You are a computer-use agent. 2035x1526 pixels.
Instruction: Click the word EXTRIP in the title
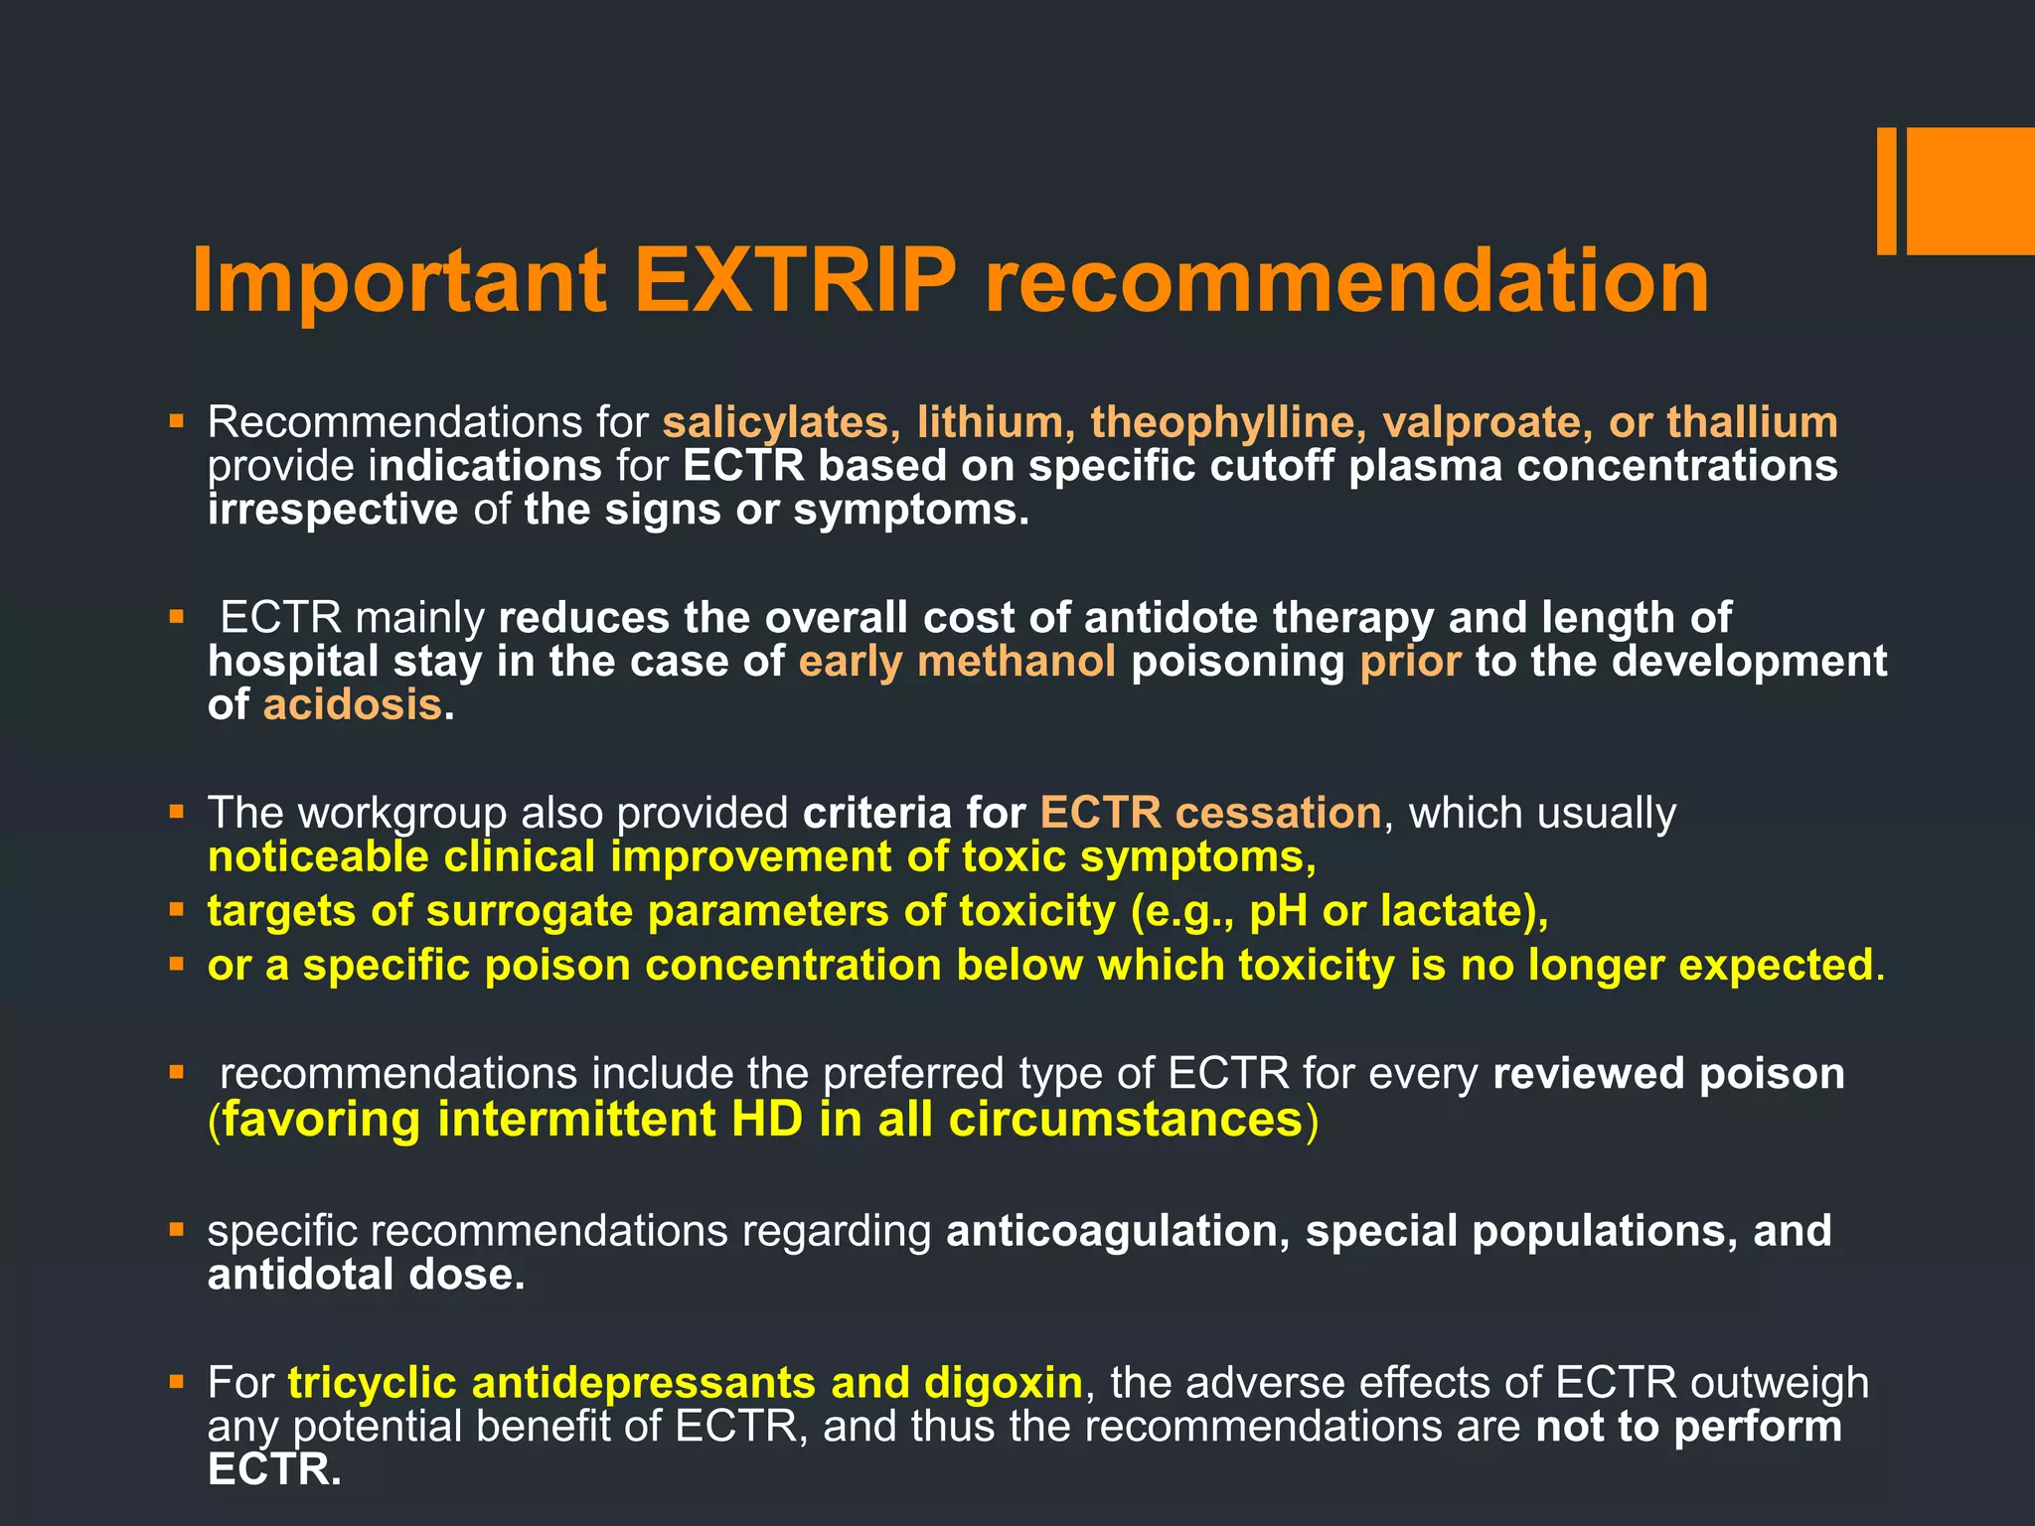795,281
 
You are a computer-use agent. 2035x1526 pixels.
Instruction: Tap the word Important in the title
397,281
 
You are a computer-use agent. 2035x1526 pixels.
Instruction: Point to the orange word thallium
1752,422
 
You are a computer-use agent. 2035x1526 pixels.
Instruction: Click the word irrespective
333,510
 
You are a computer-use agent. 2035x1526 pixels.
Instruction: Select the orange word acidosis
352,705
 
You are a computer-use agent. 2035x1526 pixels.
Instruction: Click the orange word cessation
1278,814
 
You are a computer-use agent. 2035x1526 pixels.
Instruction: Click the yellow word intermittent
576,1120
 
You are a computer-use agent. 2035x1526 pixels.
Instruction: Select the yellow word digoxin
1003,1383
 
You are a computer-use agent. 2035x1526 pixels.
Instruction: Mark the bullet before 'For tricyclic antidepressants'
177,1381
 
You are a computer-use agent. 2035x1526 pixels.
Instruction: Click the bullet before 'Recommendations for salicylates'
177,421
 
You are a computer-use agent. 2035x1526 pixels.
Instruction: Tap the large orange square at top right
1970,191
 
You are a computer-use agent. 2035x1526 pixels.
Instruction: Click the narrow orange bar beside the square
1886,191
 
